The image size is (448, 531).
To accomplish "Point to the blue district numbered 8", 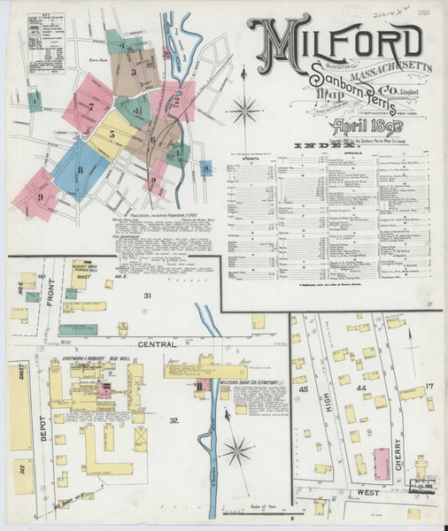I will tap(80, 168).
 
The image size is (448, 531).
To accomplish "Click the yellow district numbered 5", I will tap(112, 135).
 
